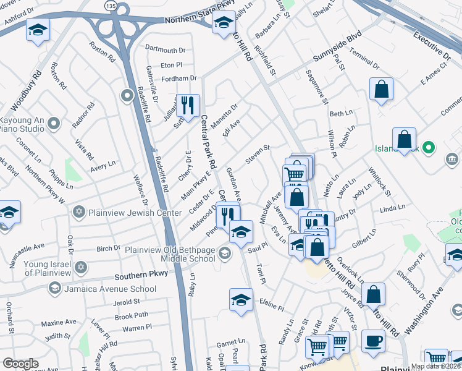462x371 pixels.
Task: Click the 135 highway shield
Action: click(109, 5)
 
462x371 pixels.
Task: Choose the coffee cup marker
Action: click(372, 339)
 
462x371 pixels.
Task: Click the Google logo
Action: click(20, 364)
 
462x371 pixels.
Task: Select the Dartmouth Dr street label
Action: click(165, 50)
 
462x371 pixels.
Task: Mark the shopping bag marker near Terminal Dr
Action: click(382, 88)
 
